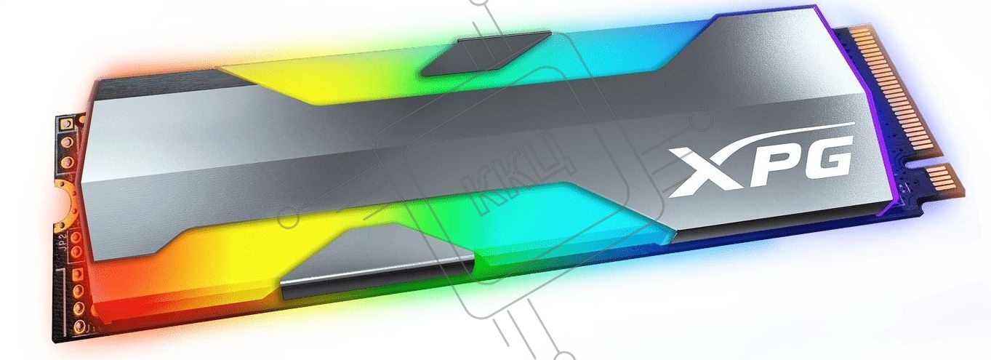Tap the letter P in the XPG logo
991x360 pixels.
click(762, 167)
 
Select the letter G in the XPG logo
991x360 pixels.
click(822, 159)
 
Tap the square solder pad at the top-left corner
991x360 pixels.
click(68, 123)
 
